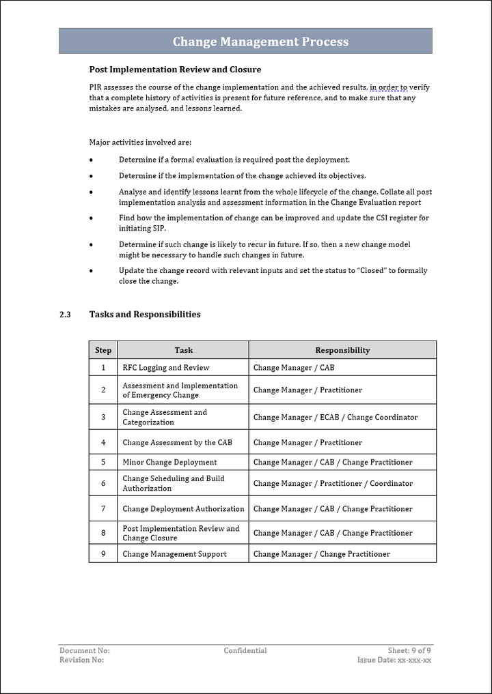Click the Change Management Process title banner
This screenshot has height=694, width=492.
point(260,42)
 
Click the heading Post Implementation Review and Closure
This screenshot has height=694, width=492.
point(175,70)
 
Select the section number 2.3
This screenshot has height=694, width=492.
point(65,315)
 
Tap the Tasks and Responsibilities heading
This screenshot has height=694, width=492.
point(145,315)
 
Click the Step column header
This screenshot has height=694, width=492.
point(103,350)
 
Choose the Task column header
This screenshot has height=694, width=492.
point(183,350)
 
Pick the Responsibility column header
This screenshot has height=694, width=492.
point(342,350)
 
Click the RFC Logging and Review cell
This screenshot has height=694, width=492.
point(166,368)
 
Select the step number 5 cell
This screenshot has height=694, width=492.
point(103,462)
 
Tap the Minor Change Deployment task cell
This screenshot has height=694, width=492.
point(169,462)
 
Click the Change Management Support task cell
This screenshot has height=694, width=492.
point(174,554)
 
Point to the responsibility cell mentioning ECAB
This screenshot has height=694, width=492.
point(335,417)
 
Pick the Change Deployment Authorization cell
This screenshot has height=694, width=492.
point(183,508)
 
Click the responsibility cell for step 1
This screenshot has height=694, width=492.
point(294,368)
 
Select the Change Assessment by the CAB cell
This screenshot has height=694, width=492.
point(177,442)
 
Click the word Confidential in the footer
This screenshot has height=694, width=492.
point(245,651)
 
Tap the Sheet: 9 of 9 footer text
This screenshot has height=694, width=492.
point(409,651)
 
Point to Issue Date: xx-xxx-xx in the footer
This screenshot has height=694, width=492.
point(394,660)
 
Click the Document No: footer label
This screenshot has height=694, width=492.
point(85,651)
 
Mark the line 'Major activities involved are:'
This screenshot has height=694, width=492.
point(141,143)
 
